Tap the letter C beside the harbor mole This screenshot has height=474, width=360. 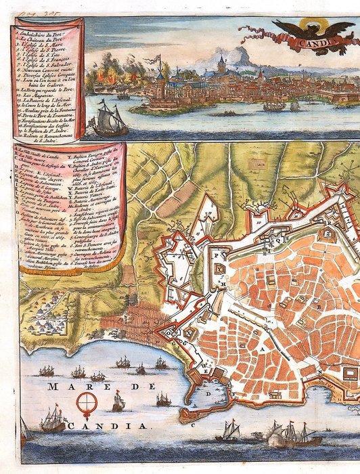pos(192,425)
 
